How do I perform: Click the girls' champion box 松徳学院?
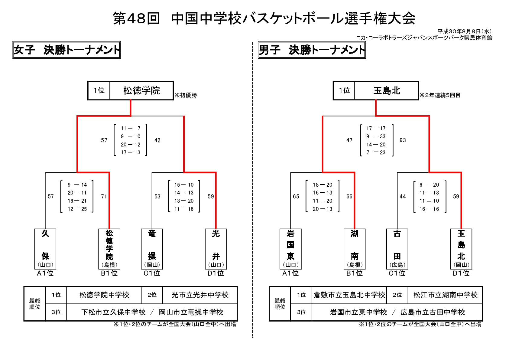(141, 90)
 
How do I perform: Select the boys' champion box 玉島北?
(387, 90)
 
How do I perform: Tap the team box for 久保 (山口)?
(45, 249)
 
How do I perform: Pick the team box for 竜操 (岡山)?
(152, 249)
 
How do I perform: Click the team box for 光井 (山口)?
(216, 249)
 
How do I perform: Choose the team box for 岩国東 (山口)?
(290, 249)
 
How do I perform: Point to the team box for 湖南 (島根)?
(355, 249)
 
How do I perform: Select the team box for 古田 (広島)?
(397, 249)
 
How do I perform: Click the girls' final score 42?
(157, 140)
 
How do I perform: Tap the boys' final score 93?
(403, 140)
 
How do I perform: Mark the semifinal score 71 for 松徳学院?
(104, 197)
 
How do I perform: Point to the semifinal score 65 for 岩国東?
(296, 197)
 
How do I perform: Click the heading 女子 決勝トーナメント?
(66, 50)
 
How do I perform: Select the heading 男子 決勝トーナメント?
(312, 50)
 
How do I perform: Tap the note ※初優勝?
(186, 95)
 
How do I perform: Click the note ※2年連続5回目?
(440, 95)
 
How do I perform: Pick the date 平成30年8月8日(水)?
(465, 31)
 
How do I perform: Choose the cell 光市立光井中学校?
(200, 295)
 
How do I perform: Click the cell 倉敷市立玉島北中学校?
(349, 295)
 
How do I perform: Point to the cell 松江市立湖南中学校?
(445, 295)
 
